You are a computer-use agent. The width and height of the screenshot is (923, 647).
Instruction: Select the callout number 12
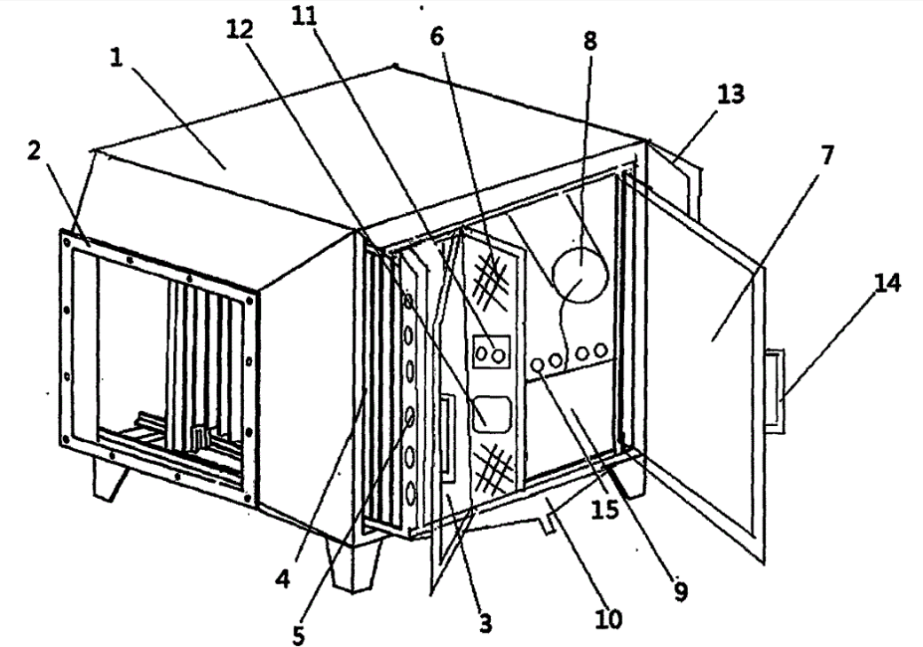click(240, 29)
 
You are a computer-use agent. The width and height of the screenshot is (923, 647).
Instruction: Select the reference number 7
click(827, 156)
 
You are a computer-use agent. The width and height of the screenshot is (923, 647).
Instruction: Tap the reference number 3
click(485, 625)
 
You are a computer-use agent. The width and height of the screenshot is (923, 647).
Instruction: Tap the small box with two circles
click(491, 352)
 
